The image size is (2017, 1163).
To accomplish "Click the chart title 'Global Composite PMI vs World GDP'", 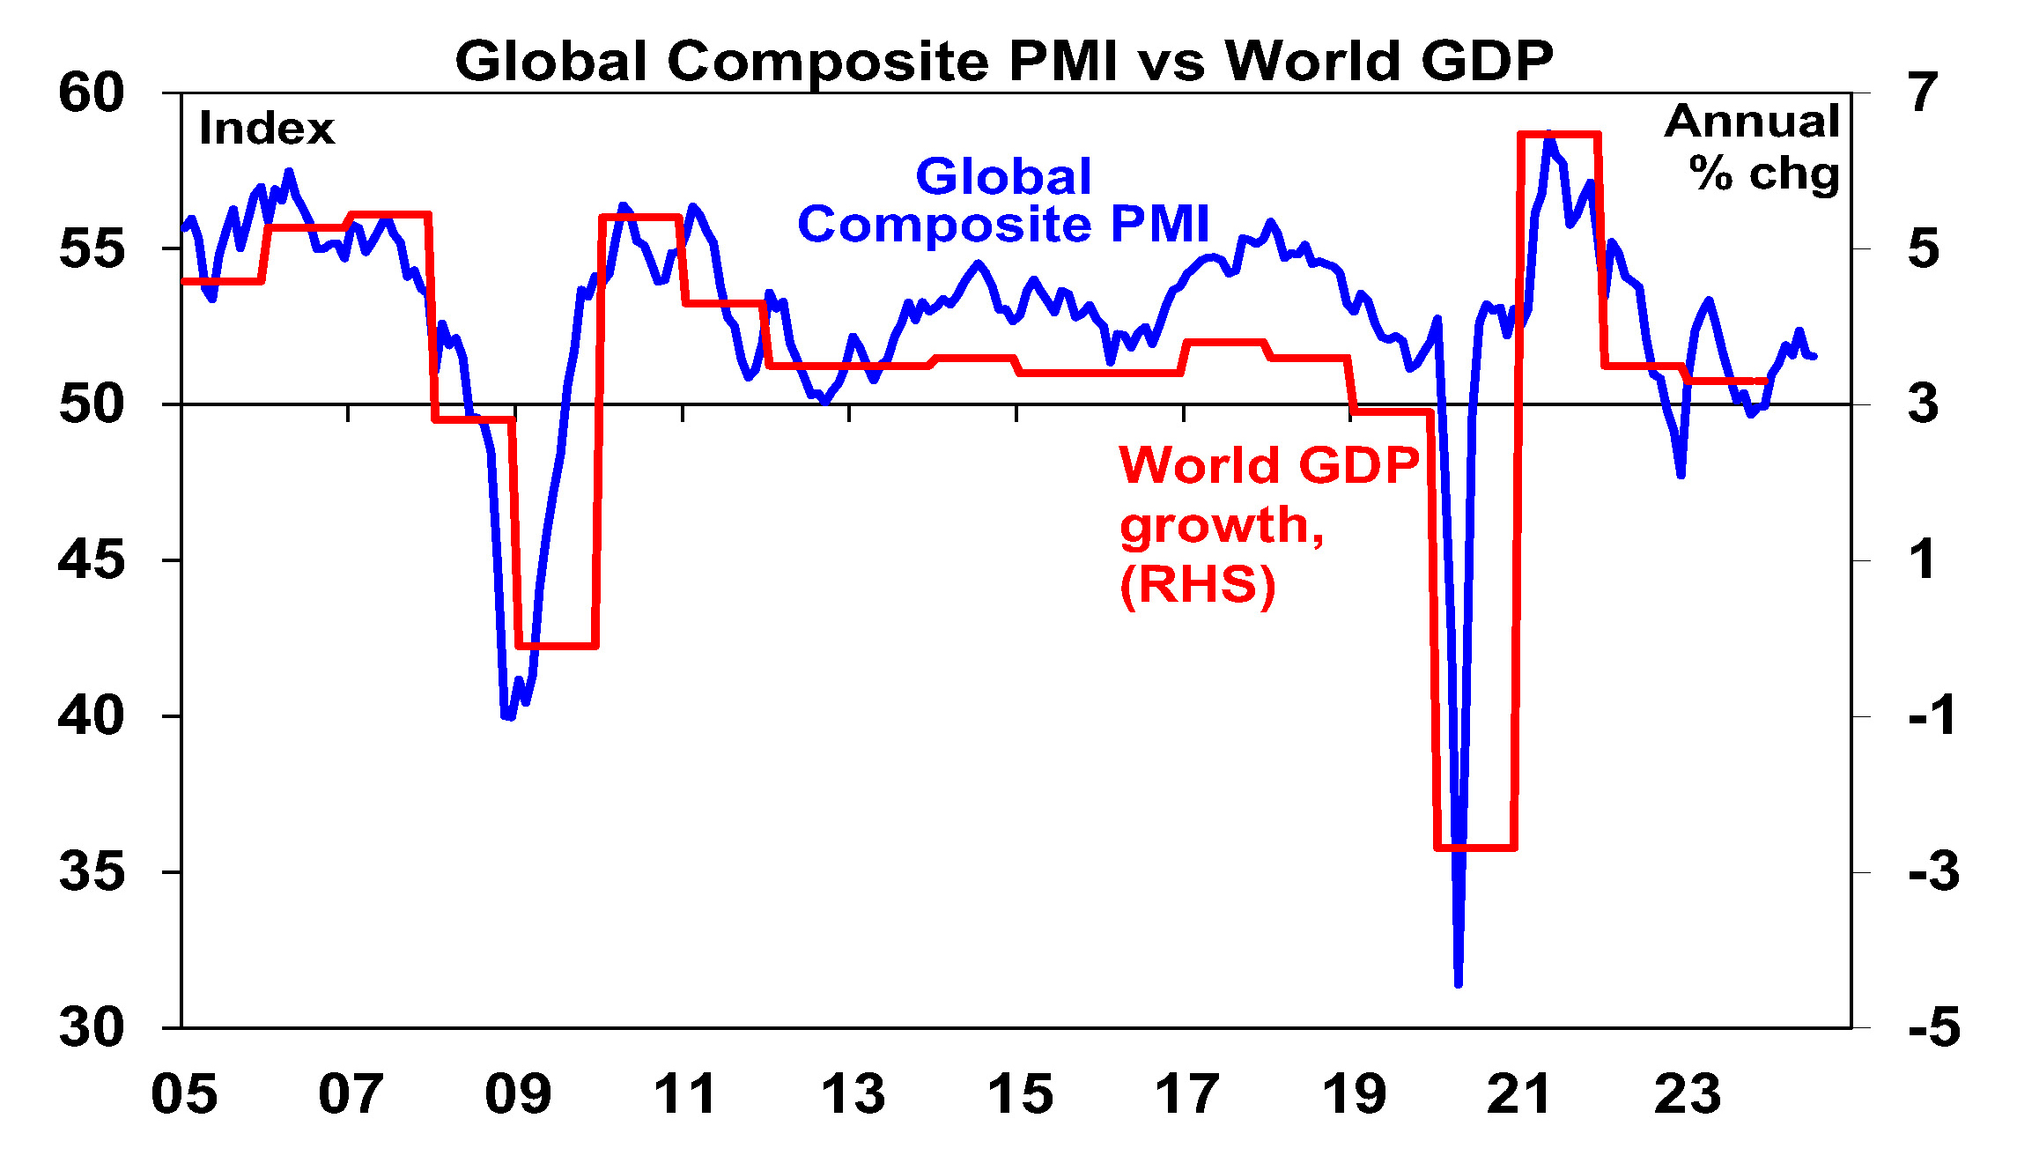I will [1004, 61].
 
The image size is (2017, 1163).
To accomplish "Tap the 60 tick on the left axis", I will [92, 93].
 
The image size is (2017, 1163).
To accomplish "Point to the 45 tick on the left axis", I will [92, 560].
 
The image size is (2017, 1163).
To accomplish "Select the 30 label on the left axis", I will [92, 1027].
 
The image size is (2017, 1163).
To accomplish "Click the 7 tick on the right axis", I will [1924, 93].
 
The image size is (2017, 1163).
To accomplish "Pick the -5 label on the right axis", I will [1934, 1027].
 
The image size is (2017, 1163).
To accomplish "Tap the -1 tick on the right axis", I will [1932, 715].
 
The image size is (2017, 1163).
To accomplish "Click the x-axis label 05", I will [184, 1094].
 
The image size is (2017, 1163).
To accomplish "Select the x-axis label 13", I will [852, 1094].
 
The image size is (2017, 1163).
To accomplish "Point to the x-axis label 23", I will [1687, 1094].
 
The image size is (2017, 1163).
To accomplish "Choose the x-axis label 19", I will [1354, 1094].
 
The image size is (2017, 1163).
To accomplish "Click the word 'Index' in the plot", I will [266, 129].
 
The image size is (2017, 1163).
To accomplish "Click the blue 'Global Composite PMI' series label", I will [1003, 200].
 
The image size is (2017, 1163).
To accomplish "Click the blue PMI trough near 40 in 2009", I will [508, 717].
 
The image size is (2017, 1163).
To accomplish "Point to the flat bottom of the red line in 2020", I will [1476, 848].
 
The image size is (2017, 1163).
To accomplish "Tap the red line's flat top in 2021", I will [1559, 135].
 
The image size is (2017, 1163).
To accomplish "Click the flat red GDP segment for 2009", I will [558, 646].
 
